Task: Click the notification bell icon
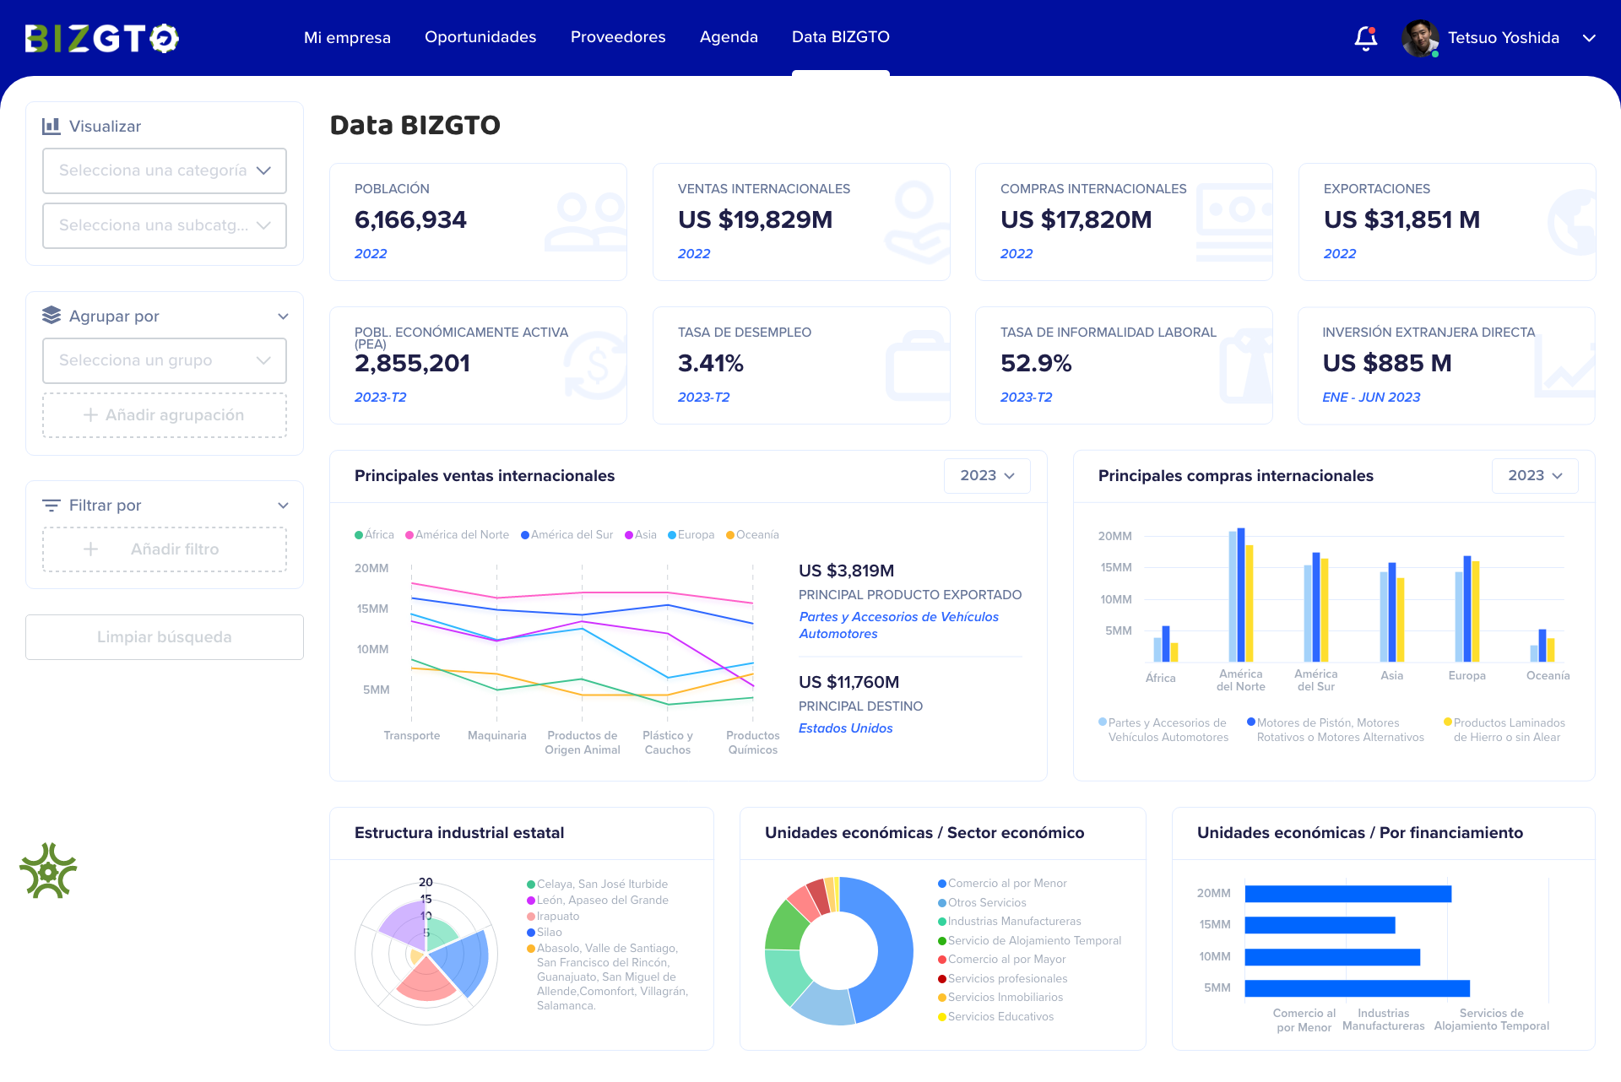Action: click(1365, 38)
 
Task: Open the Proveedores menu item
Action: click(617, 37)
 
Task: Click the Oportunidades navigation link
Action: click(480, 37)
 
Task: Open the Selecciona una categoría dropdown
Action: click(165, 170)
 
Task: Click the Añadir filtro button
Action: click(165, 549)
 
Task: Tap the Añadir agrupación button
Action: click(165, 415)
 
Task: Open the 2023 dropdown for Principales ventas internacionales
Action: click(986, 476)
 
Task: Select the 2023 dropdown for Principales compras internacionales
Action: click(1534, 476)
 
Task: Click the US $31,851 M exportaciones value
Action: click(1401, 220)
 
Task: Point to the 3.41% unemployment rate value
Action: click(710, 364)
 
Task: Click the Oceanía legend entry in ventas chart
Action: click(753, 535)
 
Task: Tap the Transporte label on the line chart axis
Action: click(411, 736)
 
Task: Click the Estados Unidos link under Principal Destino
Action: click(845, 728)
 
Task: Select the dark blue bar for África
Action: click(1165, 644)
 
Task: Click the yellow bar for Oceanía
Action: click(1551, 650)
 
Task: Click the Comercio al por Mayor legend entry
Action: click(1006, 960)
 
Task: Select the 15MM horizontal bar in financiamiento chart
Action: click(1319, 925)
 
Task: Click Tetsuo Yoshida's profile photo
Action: click(1419, 38)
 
